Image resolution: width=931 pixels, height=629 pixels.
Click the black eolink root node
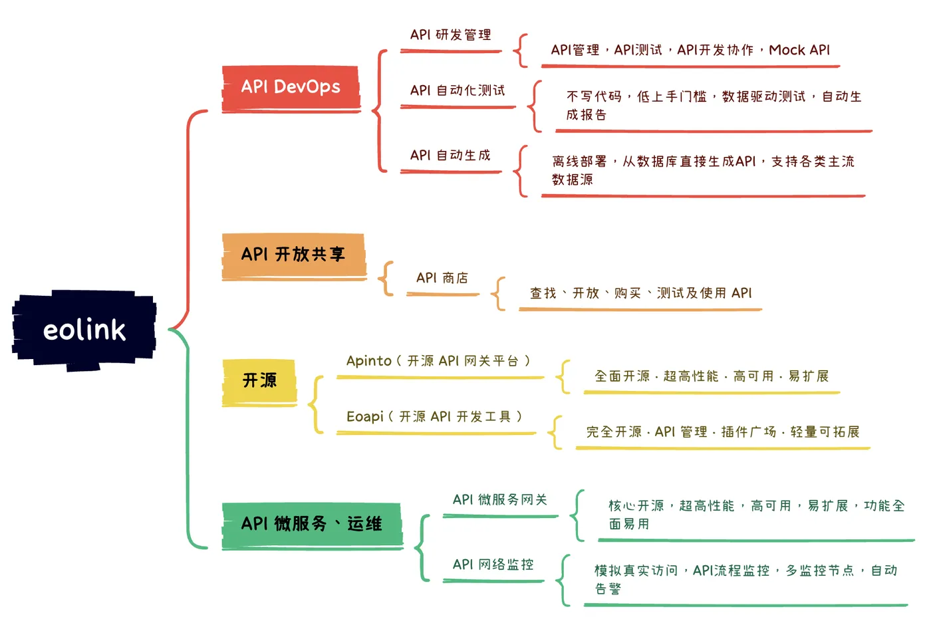[x=84, y=330]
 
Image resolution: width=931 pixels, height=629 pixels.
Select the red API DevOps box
[x=291, y=87]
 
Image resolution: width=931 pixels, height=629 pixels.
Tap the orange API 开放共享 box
[x=293, y=254]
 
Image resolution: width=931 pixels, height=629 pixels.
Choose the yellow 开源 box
[x=259, y=380]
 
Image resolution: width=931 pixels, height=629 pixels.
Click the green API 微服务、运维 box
[x=311, y=524]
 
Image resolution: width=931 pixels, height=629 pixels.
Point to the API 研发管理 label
[x=450, y=35]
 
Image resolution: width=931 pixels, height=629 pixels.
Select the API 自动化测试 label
[x=458, y=90]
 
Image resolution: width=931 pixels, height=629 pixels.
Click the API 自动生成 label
[x=450, y=156]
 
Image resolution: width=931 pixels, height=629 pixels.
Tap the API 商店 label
[x=442, y=278]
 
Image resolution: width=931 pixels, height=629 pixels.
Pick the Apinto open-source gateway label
[x=439, y=361]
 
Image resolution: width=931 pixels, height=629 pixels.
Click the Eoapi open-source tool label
[x=434, y=417]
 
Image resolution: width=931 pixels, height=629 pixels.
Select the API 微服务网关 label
[x=500, y=500]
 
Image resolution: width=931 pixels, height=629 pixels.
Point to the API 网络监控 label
[x=493, y=565]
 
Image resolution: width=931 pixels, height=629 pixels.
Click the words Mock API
[x=799, y=51]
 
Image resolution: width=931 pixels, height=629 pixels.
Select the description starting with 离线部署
[x=703, y=170]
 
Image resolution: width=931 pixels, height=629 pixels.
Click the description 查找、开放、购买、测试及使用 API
[x=640, y=293]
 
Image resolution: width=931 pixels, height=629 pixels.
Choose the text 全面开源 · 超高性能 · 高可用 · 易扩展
[x=712, y=377]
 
